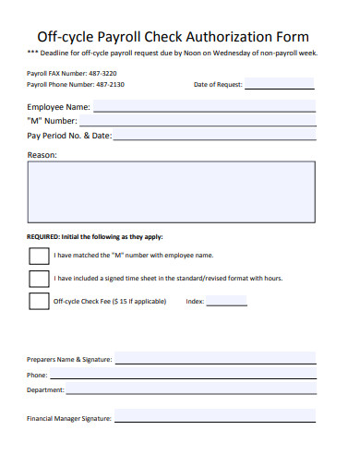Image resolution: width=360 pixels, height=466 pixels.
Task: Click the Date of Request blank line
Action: pos(279,87)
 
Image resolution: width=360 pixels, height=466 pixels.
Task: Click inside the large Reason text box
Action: pos(171,190)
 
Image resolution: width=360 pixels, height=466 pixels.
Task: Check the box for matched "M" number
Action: pos(39,255)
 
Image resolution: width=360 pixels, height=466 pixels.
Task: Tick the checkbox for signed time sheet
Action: pos(39,278)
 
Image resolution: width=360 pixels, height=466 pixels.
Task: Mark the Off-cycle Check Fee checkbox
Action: pos(39,301)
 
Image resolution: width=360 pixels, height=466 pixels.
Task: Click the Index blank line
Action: pos(227,304)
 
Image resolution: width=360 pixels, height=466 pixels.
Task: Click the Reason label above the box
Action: pos(42,155)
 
